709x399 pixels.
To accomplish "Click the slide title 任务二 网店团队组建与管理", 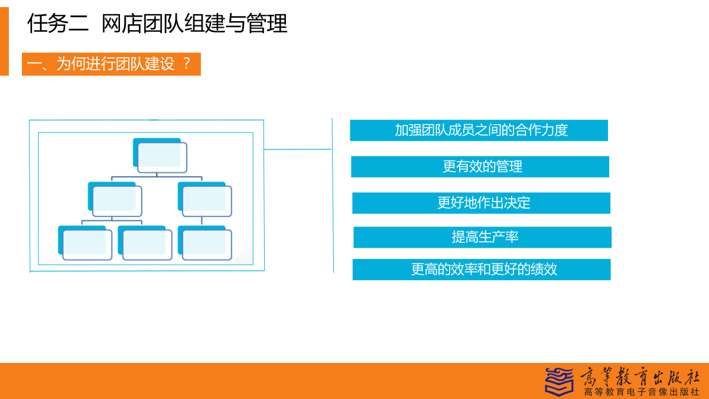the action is pyautogui.click(x=157, y=24).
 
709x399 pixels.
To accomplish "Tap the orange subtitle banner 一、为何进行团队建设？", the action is pyautogui.click(x=111, y=64).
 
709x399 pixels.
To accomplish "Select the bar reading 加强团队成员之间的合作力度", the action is pyautogui.click(x=479, y=130).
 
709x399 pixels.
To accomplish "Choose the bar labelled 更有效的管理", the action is pyautogui.click(x=480, y=167).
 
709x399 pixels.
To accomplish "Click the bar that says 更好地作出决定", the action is pyautogui.click(x=482, y=203).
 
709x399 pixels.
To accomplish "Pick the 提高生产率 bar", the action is pyautogui.click(x=482, y=237).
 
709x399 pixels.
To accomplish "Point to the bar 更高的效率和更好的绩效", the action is pyautogui.click(x=482, y=270).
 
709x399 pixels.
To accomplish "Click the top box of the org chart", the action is pyautogui.click(x=160, y=155).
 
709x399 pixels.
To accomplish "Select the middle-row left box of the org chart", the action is pyautogui.click(x=115, y=199).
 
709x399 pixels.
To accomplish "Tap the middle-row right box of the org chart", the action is pyautogui.click(x=205, y=199).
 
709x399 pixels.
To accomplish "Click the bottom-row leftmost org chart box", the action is pyautogui.click(x=85, y=243).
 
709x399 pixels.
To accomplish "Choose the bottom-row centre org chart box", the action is pyautogui.click(x=145, y=243).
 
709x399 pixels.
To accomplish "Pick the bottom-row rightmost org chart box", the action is pyautogui.click(x=205, y=243).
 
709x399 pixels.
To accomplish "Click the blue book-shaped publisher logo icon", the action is pyautogui.click(x=560, y=382).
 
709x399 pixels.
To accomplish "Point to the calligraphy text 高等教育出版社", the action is pyautogui.click(x=639, y=377).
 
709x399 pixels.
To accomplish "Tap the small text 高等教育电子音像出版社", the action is pyautogui.click(x=641, y=392).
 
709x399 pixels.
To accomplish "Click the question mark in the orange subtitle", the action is pyautogui.click(x=187, y=64).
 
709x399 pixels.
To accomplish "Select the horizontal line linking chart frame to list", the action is pyautogui.click(x=298, y=149).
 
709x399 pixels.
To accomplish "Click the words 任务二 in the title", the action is pyautogui.click(x=58, y=24).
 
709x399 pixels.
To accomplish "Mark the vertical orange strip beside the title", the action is pyautogui.click(x=5, y=41).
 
